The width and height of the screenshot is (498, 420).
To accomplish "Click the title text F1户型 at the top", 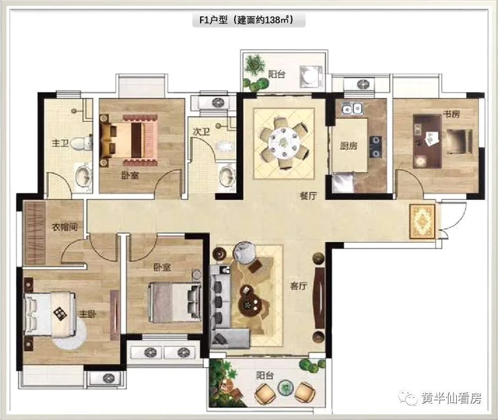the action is tap(214, 20).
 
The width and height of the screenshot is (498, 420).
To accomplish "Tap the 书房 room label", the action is tap(451, 114).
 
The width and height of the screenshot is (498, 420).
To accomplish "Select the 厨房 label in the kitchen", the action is tap(349, 146).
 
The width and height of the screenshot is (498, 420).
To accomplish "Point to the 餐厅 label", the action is tap(308, 195).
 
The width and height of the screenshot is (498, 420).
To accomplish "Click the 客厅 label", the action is tap(299, 287).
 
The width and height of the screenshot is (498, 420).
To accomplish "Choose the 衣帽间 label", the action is tap(65, 227).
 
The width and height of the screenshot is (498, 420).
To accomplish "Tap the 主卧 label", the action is tap(87, 314).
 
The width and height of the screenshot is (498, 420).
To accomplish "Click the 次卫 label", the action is tap(201, 131).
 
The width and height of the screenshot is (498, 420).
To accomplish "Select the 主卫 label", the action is tap(60, 143).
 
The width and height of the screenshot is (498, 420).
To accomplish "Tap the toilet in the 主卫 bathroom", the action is tap(81, 144).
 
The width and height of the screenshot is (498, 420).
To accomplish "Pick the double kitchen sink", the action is tap(352, 109).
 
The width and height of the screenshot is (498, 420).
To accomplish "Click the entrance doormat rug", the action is tap(422, 221).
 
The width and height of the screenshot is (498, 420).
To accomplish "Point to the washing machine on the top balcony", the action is tap(311, 76).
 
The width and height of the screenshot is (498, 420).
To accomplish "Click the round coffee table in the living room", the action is tap(250, 304).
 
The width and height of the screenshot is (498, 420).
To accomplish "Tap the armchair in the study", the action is tap(459, 141).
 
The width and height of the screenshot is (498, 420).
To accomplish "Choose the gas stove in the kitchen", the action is tap(375, 147).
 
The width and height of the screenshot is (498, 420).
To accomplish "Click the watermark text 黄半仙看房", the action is tap(451, 398).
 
